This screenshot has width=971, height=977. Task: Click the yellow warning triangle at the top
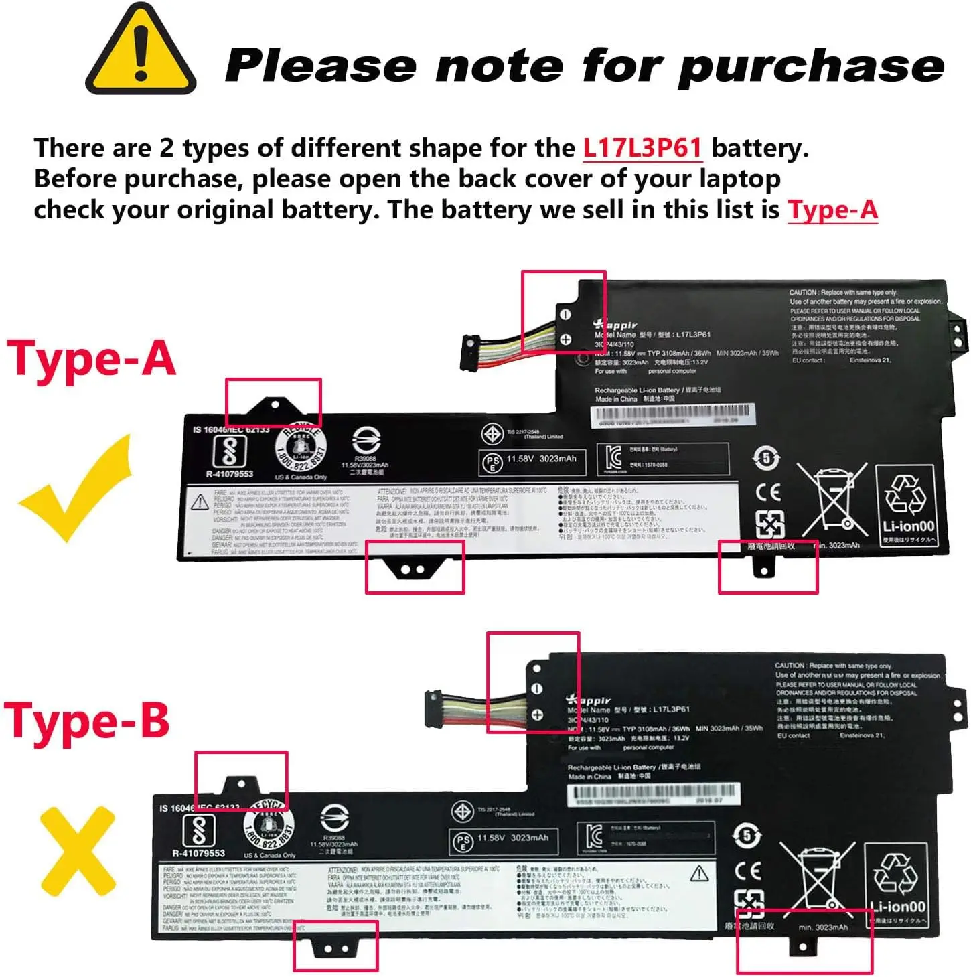tap(141, 54)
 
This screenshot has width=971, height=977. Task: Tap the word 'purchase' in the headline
tap(810, 67)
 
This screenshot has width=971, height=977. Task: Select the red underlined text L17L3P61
tap(642, 148)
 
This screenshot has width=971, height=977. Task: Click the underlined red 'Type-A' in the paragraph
tap(832, 210)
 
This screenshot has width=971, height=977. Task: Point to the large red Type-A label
tap(92, 359)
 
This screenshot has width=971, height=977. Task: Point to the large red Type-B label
tap(87, 721)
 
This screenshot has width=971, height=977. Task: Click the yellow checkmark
tap(77, 489)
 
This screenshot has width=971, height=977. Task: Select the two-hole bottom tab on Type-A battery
tap(413, 569)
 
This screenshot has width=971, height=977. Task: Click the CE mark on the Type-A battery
tap(768, 492)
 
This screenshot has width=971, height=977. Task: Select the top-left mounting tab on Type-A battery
tap(275, 404)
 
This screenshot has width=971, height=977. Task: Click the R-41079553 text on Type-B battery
tap(198, 853)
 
